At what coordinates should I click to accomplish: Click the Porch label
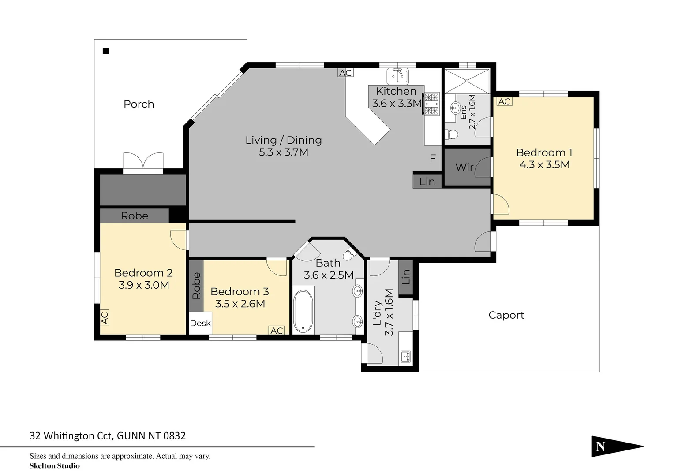point(139,104)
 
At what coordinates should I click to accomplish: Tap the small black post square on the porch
point(106,51)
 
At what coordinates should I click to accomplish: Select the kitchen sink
point(397,76)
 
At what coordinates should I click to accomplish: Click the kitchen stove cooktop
point(432,104)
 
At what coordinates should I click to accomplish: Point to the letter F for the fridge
point(433,158)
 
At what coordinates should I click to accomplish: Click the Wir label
point(464,167)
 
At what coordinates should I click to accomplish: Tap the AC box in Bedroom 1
point(504,101)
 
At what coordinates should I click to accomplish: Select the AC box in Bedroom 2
point(105,317)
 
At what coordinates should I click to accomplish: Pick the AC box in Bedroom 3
point(277,331)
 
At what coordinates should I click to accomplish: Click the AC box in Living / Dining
point(345,73)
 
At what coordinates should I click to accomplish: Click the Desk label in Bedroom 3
point(200,323)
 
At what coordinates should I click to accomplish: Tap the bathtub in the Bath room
point(303,311)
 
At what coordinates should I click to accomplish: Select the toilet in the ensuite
point(452,134)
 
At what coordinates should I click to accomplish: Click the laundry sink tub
point(405,356)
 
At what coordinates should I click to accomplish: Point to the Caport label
point(506,315)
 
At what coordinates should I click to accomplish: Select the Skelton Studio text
point(55,466)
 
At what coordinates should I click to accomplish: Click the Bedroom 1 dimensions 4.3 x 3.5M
point(544,165)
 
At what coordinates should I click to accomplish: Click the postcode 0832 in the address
point(175,436)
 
